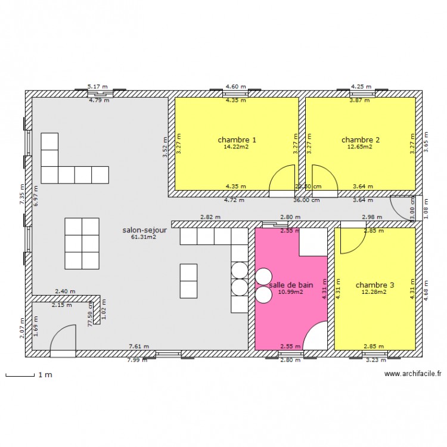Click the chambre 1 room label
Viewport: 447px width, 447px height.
click(x=237, y=140)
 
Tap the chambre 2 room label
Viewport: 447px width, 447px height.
click(x=361, y=140)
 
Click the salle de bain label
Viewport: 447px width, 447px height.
click(x=291, y=285)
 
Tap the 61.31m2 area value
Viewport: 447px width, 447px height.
click(x=144, y=237)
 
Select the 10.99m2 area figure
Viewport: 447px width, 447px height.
click(x=291, y=292)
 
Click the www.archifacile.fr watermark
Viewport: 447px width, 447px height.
click(x=412, y=374)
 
